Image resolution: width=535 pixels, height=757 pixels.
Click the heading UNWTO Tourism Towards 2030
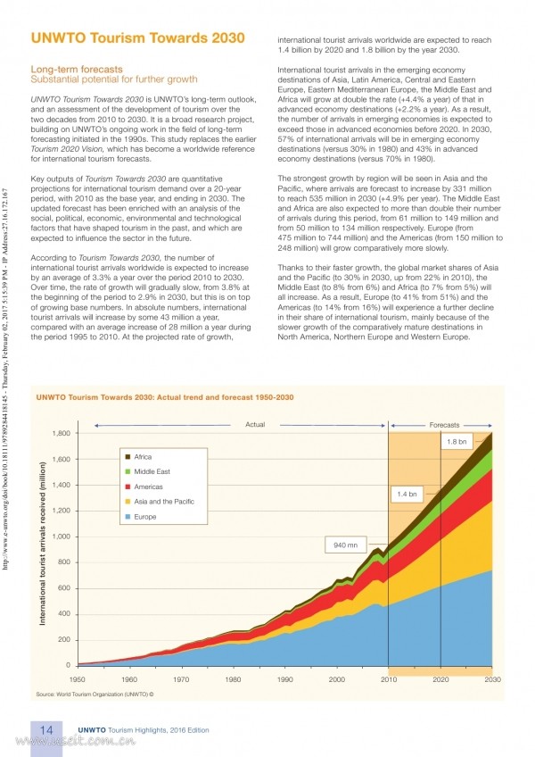tap(138, 37)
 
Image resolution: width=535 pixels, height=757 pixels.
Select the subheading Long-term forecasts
tap(77, 69)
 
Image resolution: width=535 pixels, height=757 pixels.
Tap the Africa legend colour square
tap(128, 457)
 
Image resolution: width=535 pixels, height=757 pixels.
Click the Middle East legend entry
tap(148, 471)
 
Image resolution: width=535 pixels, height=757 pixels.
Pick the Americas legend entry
tap(144, 487)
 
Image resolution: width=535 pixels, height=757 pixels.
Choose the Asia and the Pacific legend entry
tap(160, 502)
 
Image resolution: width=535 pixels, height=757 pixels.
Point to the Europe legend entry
tap(140, 517)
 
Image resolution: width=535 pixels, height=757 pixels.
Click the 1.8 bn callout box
tap(457, 441)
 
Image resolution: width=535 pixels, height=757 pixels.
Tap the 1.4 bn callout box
tap(407, 494)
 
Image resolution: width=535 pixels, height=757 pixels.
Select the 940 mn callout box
tap(345, 545)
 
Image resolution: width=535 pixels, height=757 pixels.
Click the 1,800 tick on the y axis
tap(62, 433)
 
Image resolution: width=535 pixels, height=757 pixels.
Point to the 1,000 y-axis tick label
tap(62, 537)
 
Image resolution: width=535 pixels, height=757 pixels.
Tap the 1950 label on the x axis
tap(78, 679)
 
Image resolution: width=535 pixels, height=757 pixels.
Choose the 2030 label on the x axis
tap(492, 679)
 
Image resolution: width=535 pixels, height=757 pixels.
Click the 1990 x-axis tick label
tap(285, 679)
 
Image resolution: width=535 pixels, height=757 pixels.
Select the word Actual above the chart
tap(255, 424)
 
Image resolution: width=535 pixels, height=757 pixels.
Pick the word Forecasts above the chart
tap(444, 425)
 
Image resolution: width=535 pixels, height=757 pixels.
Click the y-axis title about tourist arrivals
tap(43, 544)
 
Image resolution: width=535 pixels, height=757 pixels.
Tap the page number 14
tap(46, 729)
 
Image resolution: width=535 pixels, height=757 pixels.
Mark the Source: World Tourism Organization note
tap(95, 695)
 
